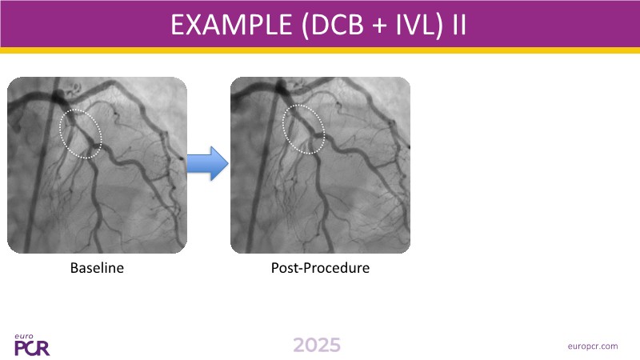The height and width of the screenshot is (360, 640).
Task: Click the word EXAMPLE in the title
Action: coord(231,25)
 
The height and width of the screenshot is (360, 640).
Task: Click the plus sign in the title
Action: coord(380,26)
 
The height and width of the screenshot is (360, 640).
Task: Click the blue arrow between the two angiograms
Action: coord(208,163)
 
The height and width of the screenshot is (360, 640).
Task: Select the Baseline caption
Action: coord(97,268)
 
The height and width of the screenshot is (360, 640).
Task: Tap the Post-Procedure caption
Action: coord(321,268)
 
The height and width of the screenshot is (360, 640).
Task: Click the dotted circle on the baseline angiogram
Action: coord(61,134)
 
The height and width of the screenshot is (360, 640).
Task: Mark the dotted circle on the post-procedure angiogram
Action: coord(283,129)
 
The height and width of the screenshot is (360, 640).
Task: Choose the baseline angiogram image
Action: coord(97,165)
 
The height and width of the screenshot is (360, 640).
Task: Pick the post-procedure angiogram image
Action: coord(321,165)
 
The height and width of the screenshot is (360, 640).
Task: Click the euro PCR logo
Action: coord(32,345)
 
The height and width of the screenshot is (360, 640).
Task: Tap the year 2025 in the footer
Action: coord(317,346)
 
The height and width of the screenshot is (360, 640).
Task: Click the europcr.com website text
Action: coord(593,346)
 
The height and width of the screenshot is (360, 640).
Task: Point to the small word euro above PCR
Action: coord(24,337)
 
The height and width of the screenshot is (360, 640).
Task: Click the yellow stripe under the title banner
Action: coord(320,50)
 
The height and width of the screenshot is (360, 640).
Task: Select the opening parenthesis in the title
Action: coord(305,26)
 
